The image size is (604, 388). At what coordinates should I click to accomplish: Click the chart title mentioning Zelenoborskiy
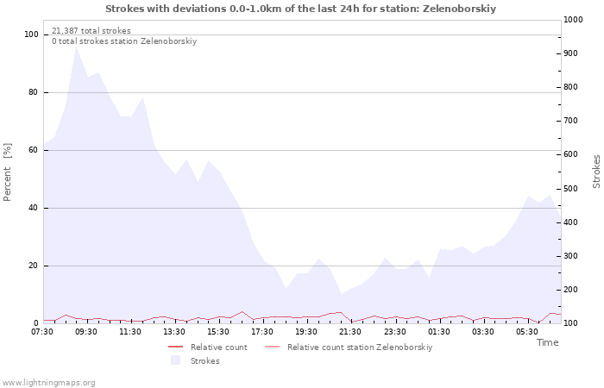point(300,9)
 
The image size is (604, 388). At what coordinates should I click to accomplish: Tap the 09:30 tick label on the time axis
point(86,331)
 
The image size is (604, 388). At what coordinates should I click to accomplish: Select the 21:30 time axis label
point(350,331)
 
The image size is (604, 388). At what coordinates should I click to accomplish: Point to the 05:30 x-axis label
point(526,331)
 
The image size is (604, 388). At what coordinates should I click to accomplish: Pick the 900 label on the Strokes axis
point(570,53)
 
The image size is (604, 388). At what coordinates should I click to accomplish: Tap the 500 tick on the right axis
point(570,189)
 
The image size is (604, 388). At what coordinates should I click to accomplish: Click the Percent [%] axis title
point(7,172)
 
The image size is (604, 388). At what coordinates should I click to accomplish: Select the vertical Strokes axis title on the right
point(596,172)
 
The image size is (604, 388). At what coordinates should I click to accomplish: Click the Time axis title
point(547,342)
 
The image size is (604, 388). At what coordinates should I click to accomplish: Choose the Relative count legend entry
point(208,347)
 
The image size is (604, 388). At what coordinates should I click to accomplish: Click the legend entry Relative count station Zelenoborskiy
point(349,347)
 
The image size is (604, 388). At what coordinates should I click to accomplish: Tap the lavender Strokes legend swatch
point(176,360)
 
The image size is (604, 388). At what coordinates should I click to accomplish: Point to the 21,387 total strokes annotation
point(91,31)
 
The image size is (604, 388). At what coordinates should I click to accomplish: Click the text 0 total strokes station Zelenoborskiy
point(124,41)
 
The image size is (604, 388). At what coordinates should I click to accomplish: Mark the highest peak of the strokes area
point(77,47)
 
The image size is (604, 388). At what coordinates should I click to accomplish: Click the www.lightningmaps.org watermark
point(48,383)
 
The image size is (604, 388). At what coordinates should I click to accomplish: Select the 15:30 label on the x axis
point(218,331)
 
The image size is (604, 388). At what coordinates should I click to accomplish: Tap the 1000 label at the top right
point(573,20)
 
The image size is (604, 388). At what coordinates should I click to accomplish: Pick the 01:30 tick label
point(438,331)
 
